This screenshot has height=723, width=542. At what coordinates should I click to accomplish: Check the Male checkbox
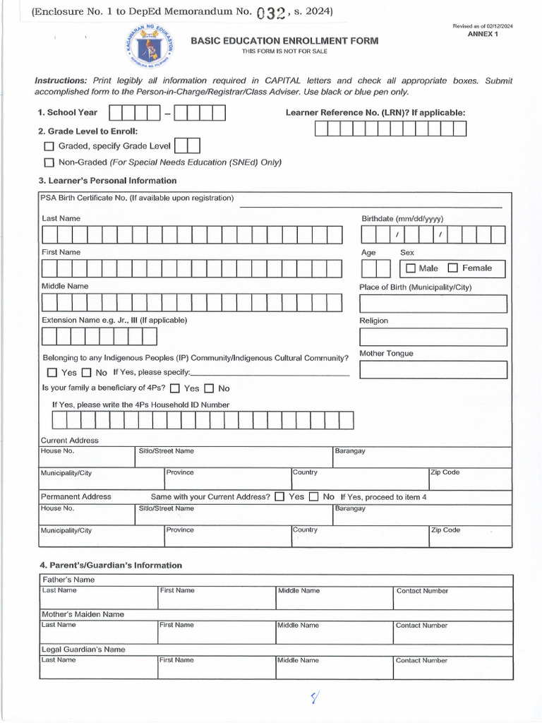(x=411, y=268)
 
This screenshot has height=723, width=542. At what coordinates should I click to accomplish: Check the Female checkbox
(x=453, y=268)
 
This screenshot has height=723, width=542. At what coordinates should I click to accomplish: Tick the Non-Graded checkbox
(x=49, y=162)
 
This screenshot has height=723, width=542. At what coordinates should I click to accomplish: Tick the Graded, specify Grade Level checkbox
(x=49, y=146)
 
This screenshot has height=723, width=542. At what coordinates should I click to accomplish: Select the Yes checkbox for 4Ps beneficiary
(x=175, y=388)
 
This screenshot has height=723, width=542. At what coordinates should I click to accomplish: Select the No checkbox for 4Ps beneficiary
(x=209, y=388)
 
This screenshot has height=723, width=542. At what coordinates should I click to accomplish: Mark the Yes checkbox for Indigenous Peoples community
(x=52, y=372)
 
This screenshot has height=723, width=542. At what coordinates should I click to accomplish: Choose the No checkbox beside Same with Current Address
(x=314, y=496)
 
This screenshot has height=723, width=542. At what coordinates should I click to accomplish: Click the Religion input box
(x=433, y=337)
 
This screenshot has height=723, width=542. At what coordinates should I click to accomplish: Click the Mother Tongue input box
(x=433, y=369)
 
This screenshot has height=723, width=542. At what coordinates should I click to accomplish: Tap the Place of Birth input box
(x=433, y=304)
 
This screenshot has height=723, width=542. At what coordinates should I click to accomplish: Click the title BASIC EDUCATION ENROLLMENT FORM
(x=284, y=41)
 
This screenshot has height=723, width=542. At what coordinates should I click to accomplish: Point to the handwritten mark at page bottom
(x=315, y=698)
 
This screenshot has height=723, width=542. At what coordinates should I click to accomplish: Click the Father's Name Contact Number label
(x=422, y=591)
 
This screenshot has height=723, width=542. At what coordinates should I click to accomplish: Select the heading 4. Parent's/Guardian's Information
(x=111, y=565)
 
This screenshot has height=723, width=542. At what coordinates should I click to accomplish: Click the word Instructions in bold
(x=61, y=80)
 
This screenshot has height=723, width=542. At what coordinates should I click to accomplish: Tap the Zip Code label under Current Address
(x=445, y=472)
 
